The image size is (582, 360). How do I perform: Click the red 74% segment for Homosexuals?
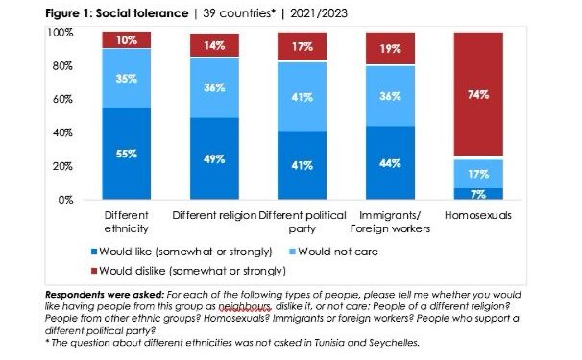(478, 95)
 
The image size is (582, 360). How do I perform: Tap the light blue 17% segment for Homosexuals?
(478, 174)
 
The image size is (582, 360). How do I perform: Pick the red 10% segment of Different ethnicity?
(127, 40)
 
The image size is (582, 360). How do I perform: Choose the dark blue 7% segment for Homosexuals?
(478, 194)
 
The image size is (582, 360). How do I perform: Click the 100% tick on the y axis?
(60, 33)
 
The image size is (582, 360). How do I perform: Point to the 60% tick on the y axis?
(61, 100)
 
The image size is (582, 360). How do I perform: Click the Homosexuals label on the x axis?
(478, 215)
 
